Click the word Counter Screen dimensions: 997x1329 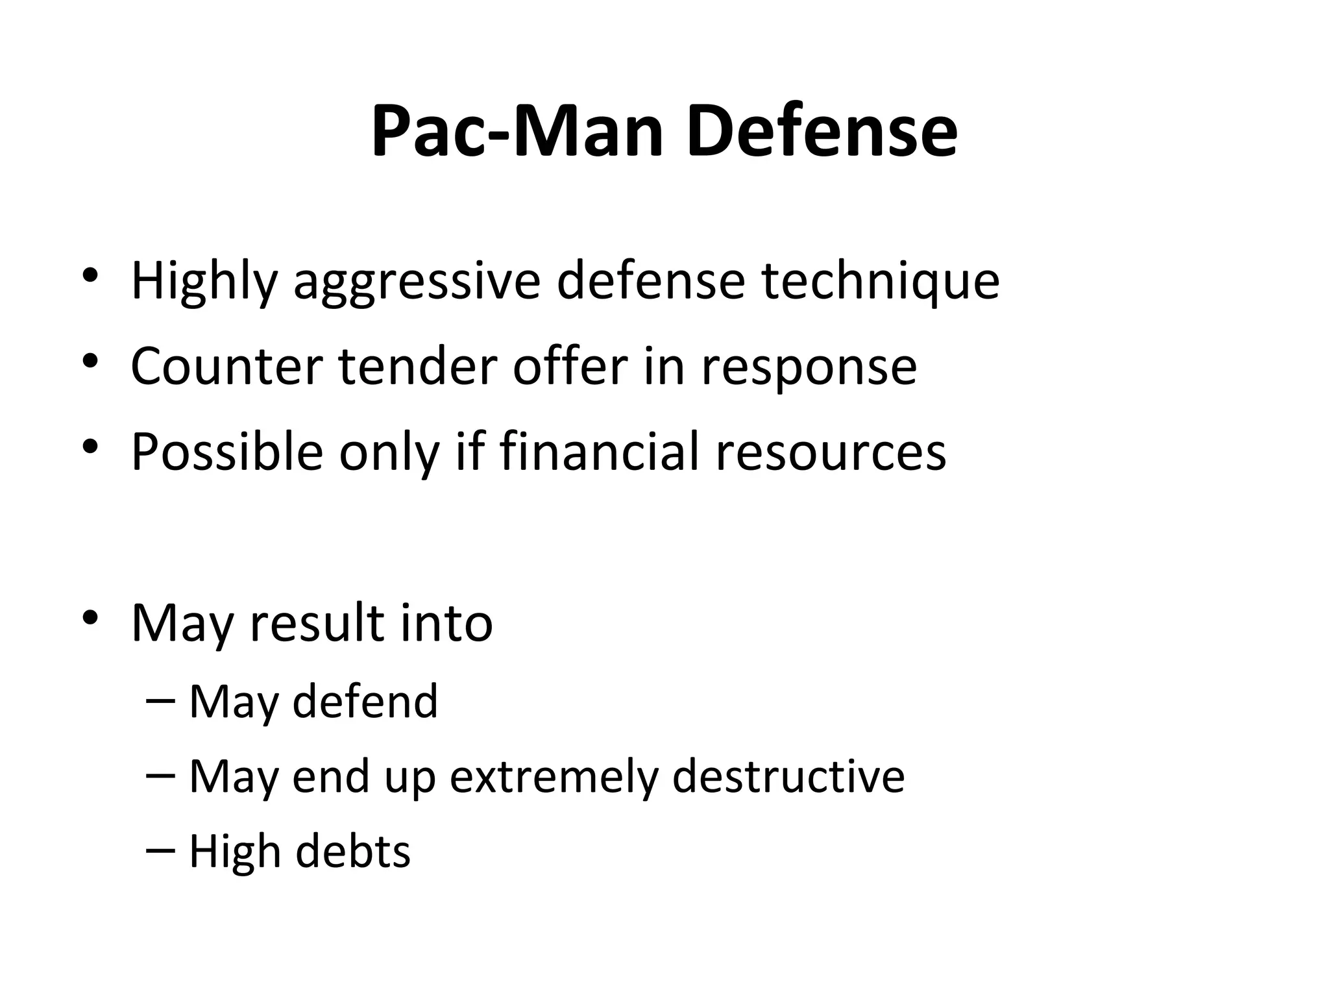pos(226,367)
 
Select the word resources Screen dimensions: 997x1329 pos(831,452)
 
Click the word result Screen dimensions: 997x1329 pos(317,623)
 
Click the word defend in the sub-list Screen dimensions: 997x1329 pos(365,702)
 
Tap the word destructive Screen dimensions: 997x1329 pos(788,776)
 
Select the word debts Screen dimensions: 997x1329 pos(353,851)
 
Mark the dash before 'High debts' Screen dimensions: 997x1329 pos(161,850)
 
